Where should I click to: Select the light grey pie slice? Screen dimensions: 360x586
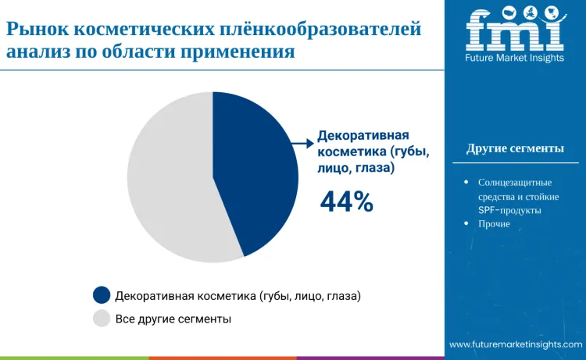[168, 180]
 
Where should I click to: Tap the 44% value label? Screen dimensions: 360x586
[346, 202]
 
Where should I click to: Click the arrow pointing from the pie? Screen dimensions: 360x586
[302, 143]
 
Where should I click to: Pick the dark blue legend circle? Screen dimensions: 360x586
[101, 296]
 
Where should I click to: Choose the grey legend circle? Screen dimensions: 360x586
[101, 319]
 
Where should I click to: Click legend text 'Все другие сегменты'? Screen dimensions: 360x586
[173, 319]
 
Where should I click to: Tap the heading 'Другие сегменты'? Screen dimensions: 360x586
[515, 149]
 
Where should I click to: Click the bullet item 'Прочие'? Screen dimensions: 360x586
[494, 224]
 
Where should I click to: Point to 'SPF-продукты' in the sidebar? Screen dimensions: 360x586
[509, 210]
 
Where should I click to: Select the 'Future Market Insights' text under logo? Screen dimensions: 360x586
[515, 58]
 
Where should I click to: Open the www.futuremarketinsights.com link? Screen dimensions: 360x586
[515, 344]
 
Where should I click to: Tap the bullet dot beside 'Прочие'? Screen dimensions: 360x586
[466, 224]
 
